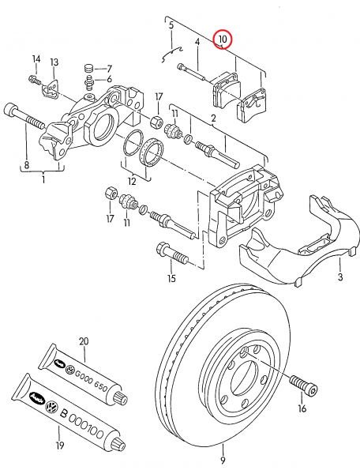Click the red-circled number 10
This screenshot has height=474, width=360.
pos(223,38)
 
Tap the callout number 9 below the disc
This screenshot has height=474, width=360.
pos(223,461)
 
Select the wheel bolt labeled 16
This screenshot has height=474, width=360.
pos(305,387)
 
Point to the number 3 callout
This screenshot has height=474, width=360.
pos(340,278)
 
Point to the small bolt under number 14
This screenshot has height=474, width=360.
pos(34,78)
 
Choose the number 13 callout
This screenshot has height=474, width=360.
pos(54,62)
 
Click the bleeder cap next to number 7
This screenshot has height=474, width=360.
pos(88,68)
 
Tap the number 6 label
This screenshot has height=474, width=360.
pos(108,79)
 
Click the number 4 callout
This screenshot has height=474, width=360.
pos(197,42)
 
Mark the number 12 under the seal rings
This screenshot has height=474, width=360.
pos(132,182)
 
